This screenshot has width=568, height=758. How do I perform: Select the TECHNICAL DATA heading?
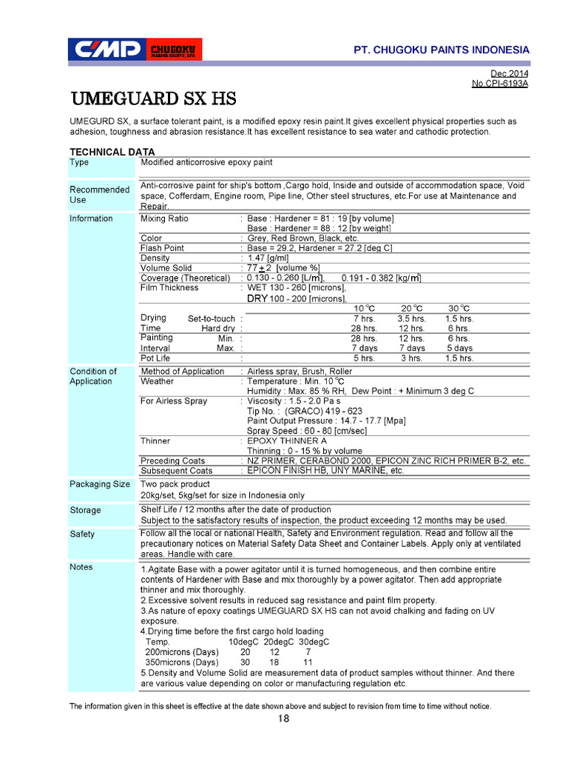click(112, 152)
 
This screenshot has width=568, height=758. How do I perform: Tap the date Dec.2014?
click(510, 73)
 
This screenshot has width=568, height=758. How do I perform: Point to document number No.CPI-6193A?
click(499, 84)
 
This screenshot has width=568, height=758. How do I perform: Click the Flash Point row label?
click(163, 248)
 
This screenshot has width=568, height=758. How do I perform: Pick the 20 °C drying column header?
click(411, 309)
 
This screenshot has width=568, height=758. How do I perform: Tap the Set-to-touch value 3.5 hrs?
click(411, 318)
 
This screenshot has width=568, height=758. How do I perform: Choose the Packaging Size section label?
click(100, 484)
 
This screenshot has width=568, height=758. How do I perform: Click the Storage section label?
click(85, 510)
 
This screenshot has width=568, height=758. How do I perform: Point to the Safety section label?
click(82, 534)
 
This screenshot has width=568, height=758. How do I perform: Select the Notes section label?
click(81, 567)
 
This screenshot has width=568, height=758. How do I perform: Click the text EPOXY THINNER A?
click(286, 440)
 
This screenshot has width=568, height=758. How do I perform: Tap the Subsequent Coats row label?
click(176, 470)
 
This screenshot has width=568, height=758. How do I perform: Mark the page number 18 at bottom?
click(284, 719)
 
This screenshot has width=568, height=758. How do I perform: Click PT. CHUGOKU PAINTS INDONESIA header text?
click(442, 50)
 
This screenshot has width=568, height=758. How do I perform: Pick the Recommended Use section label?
click(99, 194)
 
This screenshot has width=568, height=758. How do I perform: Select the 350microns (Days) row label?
click(182, 662)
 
